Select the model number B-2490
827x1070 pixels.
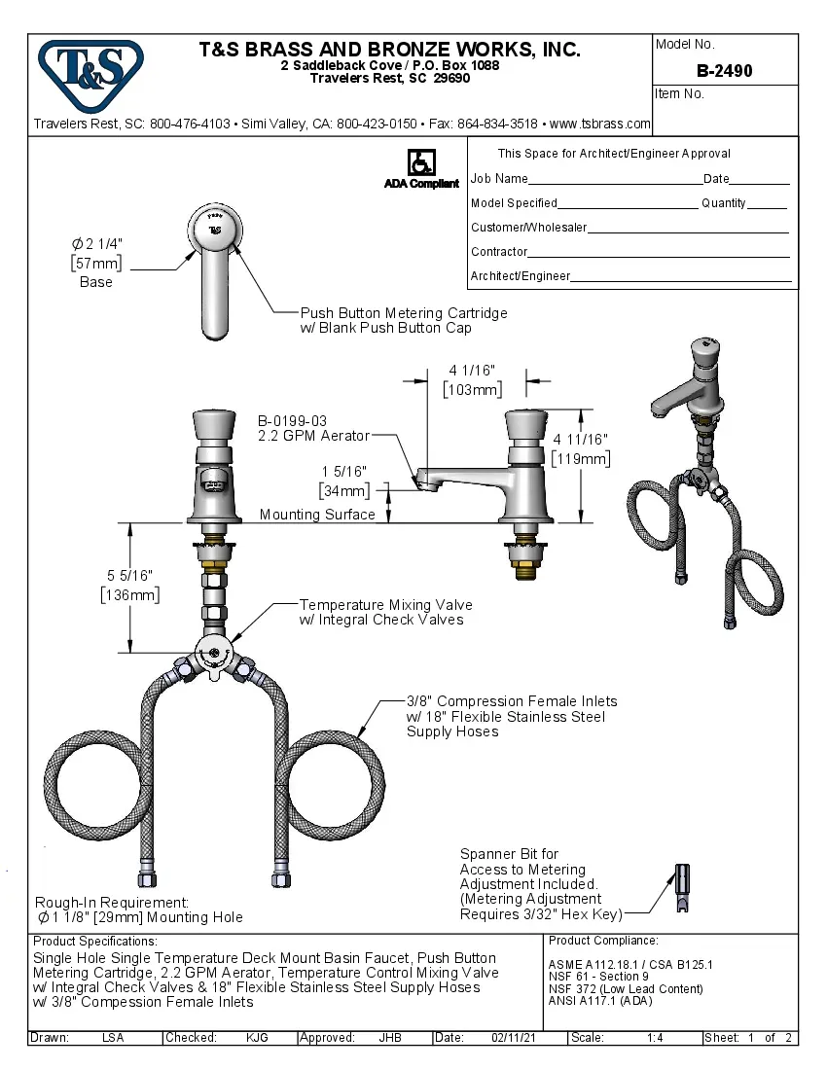pos(724,71)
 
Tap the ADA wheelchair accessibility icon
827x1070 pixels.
pos(420,162)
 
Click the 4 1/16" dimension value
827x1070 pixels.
pos(472,370)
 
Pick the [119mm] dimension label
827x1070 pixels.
pos(581,458)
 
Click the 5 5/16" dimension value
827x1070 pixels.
pos(129,576)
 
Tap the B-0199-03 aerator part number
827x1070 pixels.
pos(292,420)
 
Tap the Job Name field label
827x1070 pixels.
pos(499,179)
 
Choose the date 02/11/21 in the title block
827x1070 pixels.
pos(514,1038)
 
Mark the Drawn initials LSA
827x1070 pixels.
pos(113,1038)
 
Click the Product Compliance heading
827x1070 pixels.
pos(603,941)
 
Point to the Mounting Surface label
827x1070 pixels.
pos(317,515)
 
